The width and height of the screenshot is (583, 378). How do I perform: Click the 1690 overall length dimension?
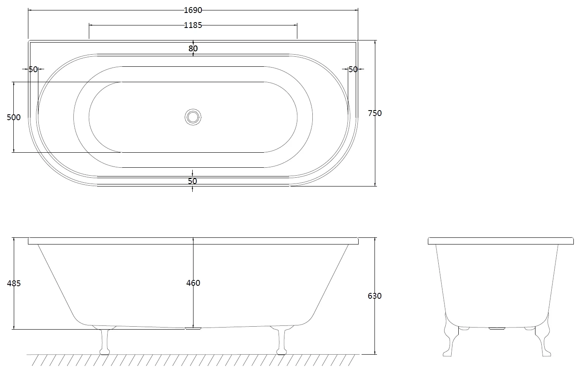(193, 10)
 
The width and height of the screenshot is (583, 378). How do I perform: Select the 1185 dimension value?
(193, 25)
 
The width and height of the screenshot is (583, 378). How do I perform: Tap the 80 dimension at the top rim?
(193, 48)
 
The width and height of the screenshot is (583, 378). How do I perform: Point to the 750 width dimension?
(375, 113)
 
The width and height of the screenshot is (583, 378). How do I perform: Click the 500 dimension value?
(13, 117)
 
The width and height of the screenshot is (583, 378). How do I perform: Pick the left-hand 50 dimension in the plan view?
(33, 69)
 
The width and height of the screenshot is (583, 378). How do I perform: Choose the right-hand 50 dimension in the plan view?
(353, 69)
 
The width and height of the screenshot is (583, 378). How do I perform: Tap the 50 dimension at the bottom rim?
(192, 181)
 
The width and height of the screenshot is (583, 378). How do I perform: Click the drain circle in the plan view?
(193, 117)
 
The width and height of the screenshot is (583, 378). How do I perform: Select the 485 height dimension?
(14, 283)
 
